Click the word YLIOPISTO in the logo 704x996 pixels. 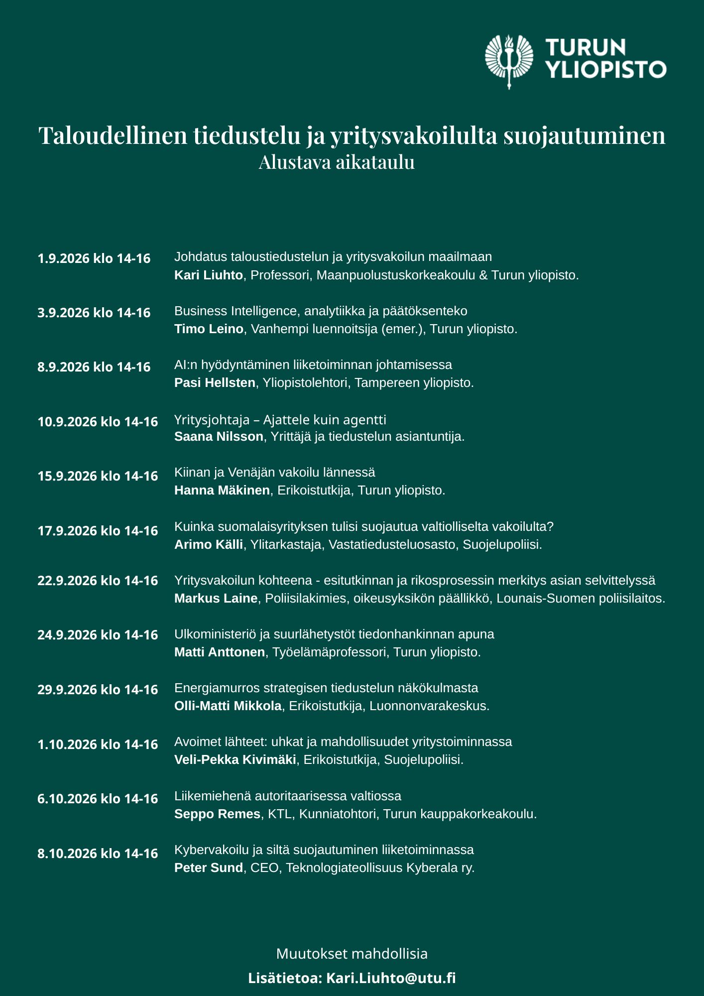tap(606, 70)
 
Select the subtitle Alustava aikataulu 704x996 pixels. tap(337, 162)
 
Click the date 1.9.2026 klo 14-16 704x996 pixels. tap(94, 258)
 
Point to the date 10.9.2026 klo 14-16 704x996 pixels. tap(98, 422)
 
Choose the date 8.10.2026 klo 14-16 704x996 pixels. tap(98, 854)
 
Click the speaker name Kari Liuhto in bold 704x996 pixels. tap(208, 275)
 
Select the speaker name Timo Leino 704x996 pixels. tap(209, 329)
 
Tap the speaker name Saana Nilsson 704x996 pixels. tap(219, 436)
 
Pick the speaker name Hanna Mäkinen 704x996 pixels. tap(222, 490)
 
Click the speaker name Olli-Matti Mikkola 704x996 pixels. tap(228, 706)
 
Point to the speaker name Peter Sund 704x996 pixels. tap(208, 868)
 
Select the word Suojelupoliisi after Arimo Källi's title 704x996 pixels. tap(502, 544)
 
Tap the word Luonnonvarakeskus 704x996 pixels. tap(429, 706)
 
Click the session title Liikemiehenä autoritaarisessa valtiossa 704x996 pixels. tap(288, 796)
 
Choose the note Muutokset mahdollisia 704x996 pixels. tap(352, 954)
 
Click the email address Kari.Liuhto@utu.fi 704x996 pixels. tap(391, 978)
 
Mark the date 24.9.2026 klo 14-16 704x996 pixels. tap(98, 635)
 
